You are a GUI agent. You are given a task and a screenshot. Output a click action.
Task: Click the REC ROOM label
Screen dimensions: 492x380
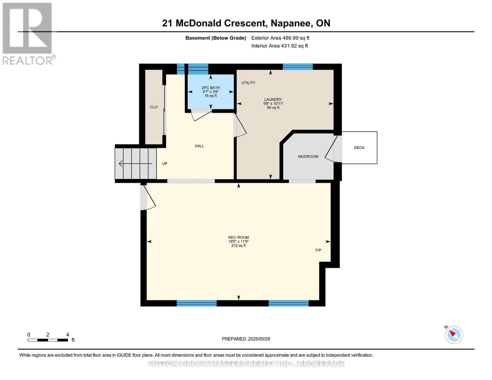(239, 237)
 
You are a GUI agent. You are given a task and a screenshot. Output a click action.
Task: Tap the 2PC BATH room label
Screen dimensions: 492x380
(211, 88)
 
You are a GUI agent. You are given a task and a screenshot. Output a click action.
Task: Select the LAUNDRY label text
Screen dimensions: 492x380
(273, 99)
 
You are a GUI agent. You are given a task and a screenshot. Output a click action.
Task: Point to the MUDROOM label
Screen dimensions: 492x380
(308, 156)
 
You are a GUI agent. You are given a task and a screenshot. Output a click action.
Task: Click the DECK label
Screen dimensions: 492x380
(359, 148)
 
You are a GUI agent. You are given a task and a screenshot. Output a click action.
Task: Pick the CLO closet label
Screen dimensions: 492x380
(154, 107)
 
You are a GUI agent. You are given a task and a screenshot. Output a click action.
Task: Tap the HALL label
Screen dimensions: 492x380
(199, 146)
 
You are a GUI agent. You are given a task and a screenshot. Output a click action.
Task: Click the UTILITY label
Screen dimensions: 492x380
(248, 83)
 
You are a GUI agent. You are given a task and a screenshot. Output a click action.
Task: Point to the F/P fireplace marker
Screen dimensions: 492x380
(318, 250)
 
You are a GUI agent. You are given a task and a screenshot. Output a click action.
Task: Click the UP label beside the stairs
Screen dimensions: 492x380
(165, 163)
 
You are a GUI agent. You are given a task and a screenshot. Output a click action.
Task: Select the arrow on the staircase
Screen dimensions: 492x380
(135, 163)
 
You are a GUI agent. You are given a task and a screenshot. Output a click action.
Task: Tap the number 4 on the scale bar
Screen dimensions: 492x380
(67, 334)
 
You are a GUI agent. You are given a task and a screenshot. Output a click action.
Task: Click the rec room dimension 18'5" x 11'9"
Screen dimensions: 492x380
(239, 242)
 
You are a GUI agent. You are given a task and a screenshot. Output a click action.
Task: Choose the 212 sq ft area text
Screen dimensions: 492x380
(239, 245)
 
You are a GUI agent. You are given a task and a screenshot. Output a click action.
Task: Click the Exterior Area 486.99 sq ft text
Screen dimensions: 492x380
(280, 38)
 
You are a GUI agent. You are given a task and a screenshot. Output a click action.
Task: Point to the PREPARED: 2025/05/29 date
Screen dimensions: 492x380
(246, 339)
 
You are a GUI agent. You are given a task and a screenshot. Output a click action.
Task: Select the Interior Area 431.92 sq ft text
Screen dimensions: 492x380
(279, 46)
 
